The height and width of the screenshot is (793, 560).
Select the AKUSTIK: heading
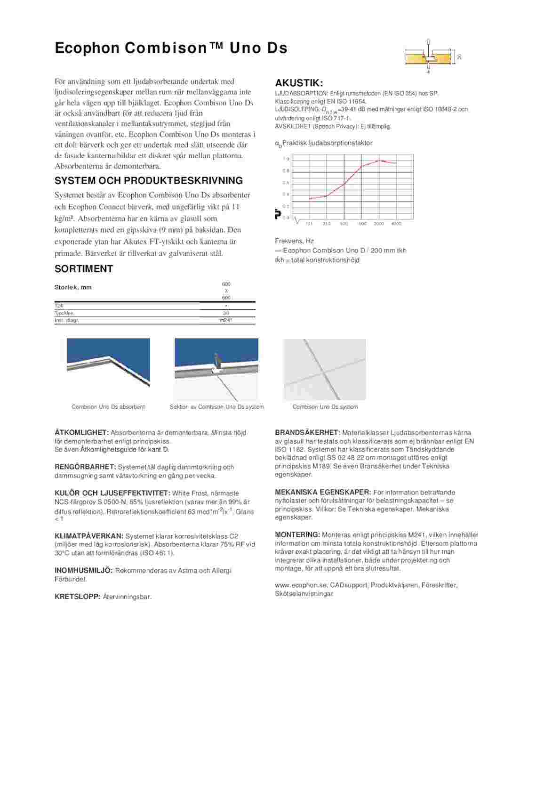click(x=299, y=83)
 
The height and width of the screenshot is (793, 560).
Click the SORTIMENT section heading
click(x=84, y=269)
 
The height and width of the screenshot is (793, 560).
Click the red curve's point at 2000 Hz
click(x=379, y=161)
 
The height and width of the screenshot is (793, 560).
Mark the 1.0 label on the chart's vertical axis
click(x=286, y=159)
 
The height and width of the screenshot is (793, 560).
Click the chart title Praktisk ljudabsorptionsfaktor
click(x=327, y=143)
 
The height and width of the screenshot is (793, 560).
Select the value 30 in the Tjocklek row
click(x=226, y=313)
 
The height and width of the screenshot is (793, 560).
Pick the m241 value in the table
click(x=226, y=321)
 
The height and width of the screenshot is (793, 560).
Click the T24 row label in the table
click(x=59, y=306)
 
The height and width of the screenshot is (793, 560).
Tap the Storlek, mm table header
click(x=73, y=287)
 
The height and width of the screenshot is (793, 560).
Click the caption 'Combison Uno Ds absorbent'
click(x=108, y=407)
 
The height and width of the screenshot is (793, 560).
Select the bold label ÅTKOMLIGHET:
click(x=82, y=433)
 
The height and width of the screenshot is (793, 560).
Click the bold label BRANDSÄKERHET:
click(x=307, y=433)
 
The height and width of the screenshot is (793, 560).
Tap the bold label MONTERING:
click(x=297, y=535)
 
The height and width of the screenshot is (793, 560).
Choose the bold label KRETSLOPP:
click(x=78, y=597)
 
